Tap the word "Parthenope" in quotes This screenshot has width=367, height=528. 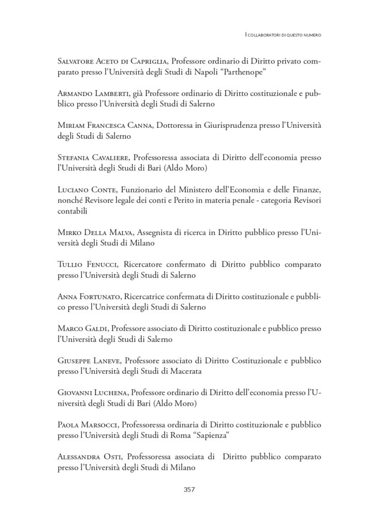[x=242, y=72]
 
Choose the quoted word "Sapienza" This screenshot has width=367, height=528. [x=210, y=436]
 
